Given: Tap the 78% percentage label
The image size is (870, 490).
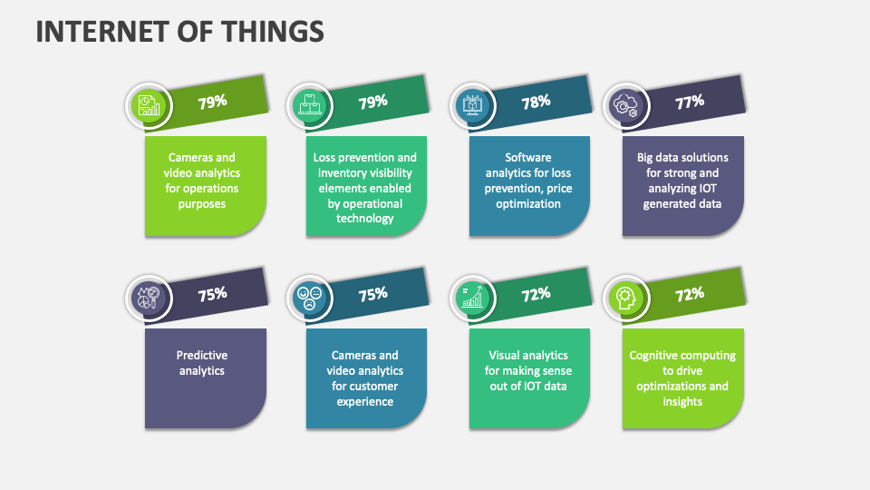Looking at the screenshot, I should (536, 102).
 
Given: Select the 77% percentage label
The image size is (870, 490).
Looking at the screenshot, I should (690, 102).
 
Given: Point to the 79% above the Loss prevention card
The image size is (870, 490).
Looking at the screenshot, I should (372, 102).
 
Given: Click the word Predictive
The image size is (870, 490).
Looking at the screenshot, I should (202, 356).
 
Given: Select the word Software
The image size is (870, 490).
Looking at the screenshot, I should (528, 157).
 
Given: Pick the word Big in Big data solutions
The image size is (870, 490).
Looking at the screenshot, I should (647, 157).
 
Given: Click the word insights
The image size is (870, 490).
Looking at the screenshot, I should (681, 401).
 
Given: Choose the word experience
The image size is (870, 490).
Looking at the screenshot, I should (364, 401).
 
